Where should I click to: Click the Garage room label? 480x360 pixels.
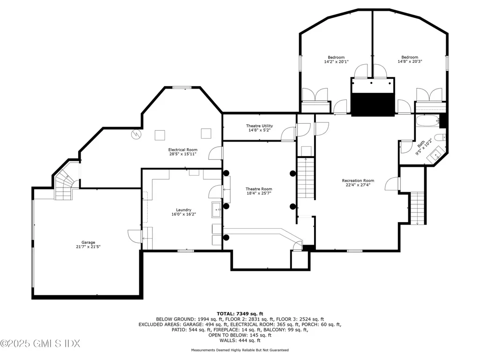coord(88,242)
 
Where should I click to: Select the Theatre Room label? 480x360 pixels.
coord(259,189)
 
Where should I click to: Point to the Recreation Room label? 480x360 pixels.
coord(358,180)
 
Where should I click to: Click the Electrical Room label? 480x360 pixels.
coord(183,150)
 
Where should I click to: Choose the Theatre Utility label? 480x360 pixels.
coord(259,126)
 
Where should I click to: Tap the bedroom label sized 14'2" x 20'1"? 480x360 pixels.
coord(336,57)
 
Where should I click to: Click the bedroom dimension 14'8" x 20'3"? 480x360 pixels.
coord(410,61)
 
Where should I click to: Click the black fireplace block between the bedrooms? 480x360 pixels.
coord(373,104)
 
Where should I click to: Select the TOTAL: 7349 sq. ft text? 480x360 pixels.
coord(240,313)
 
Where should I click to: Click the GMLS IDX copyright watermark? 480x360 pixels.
coord(40,344)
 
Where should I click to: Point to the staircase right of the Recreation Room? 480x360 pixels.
coord(417,208)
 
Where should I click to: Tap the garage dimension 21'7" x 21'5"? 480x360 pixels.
coord(88,247)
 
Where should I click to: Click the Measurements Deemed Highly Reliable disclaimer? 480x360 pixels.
coord(240,350)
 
